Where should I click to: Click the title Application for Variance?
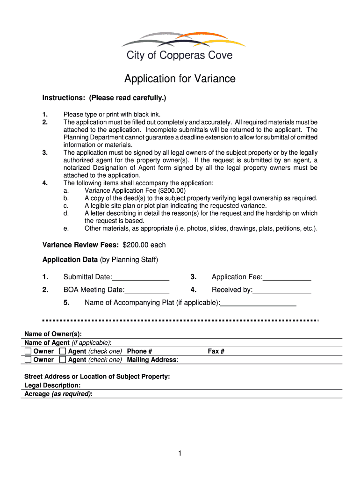pyautogui.click(x=180, y=79)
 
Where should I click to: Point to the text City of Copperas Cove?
pyautogui.click(x=180, y=55)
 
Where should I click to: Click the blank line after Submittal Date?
pyautogui.click(x=141, y=277)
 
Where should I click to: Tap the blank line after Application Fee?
pyautogui.click(x=287, y=277)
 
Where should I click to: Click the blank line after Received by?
pyautogui.click(x=282, y=290)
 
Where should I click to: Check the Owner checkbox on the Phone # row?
pyautogui.click(x=28, y=351)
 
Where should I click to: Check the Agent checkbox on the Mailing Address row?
pyautogui.click(x=63, y=360)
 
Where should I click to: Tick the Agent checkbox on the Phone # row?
pyautogui.click(x=63, y=351)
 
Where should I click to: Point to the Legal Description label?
pyautogui.click(x=52, y=385)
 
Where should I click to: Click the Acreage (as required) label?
pyautogui.click(x=58, y=394)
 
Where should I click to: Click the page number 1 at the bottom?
pyautogui.click(x=180, y=453)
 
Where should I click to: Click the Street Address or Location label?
pyautogui.click(x=97, y=377)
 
